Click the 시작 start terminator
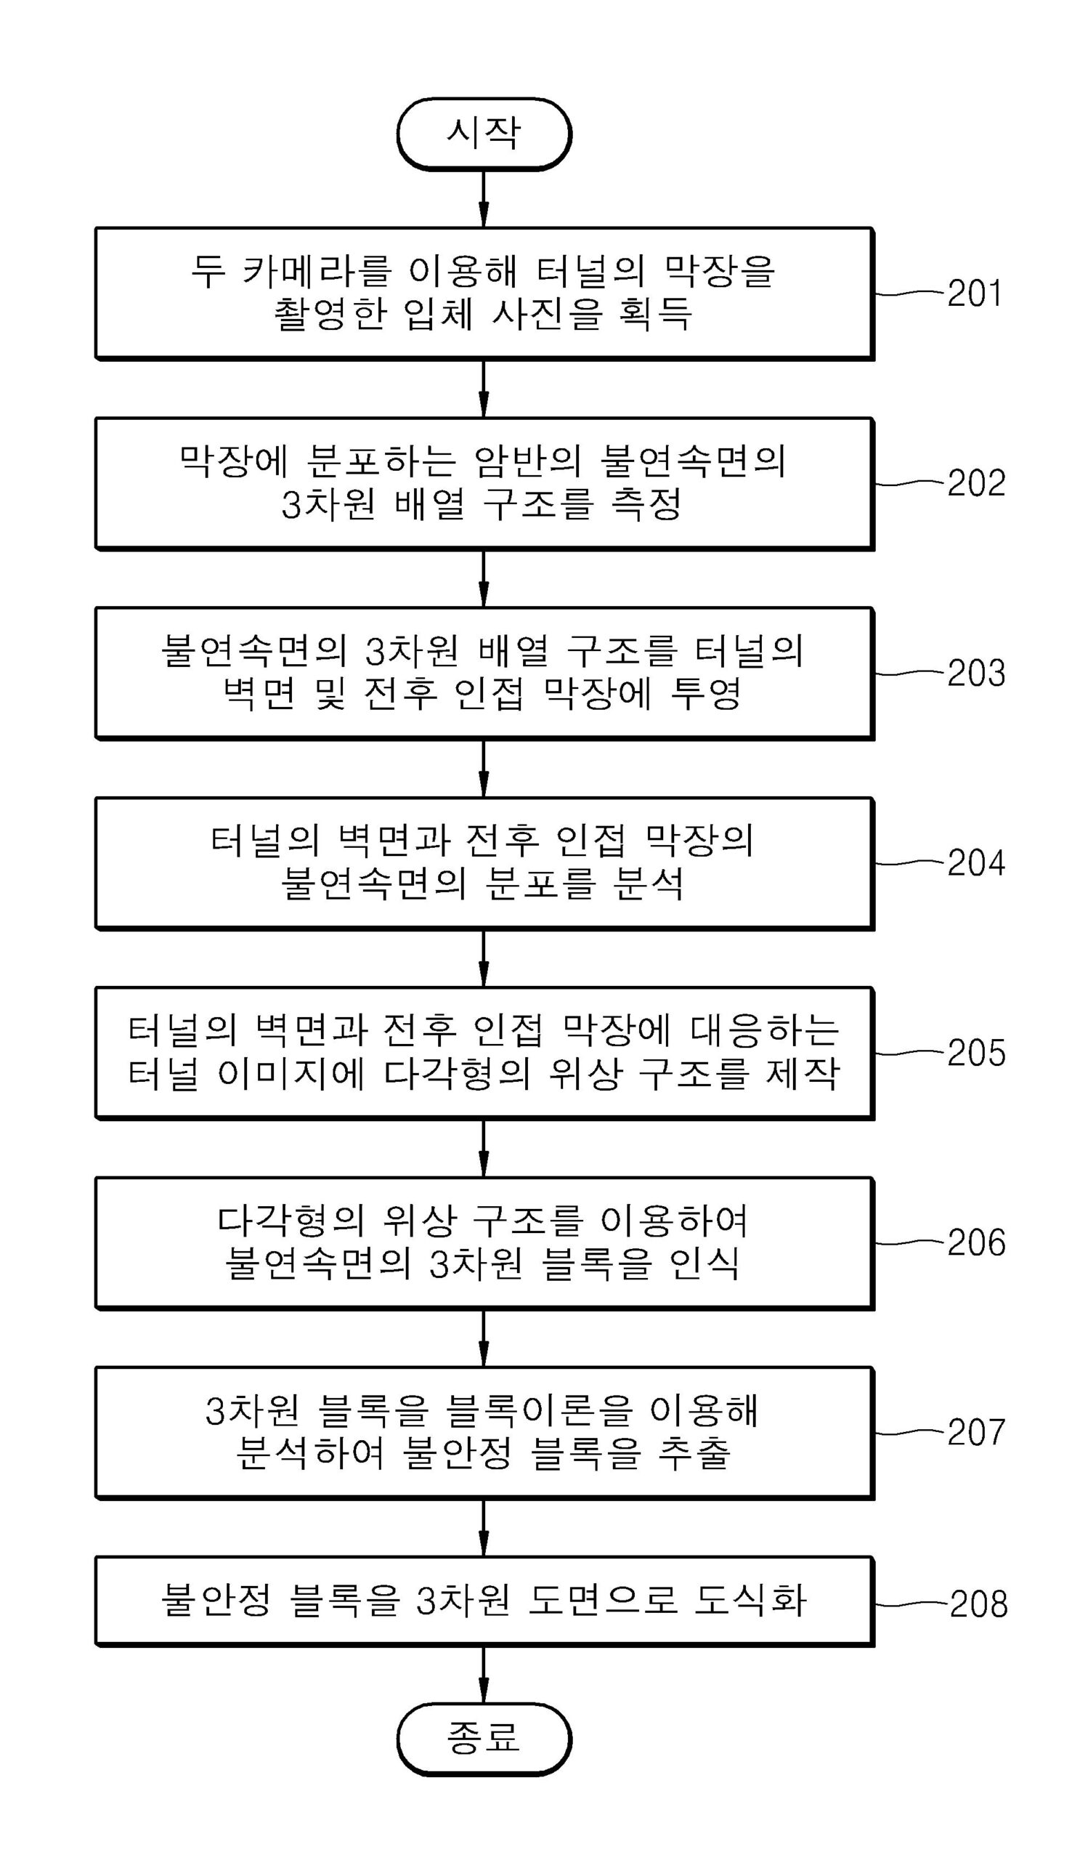(484, 134)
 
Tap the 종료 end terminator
(484, 1738)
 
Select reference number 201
(975, 294)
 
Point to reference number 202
(975, 483)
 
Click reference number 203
(975, 673)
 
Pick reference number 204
(975, 863)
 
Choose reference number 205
(975, 1053)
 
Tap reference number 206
(975, 1242)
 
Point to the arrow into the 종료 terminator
(484, 1675)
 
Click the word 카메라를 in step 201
(317, 272)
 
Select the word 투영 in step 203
(705, 694)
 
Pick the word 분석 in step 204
(649, 883)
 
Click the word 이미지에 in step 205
(291, 1074)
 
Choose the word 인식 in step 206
(704, 1263)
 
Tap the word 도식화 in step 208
(750, 1601)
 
